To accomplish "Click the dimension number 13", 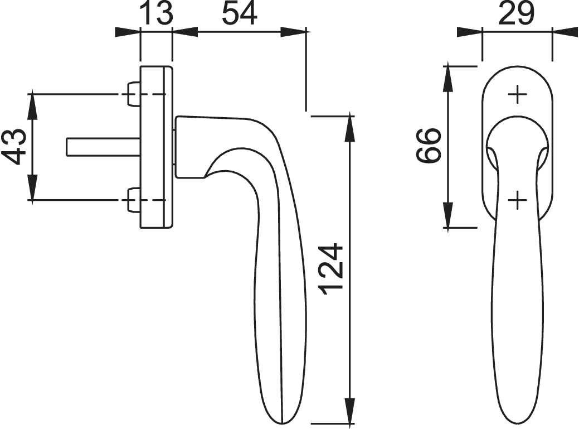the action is [x=157, y=13].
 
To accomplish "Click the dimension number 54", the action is [x=239, y=13].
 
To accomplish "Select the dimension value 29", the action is [x=516, y=13].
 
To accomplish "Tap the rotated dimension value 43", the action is [x=16, y=146].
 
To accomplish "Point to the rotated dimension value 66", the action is [x=429, y=145].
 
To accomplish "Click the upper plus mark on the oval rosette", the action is [x=518, y=95].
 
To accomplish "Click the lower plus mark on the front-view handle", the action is [x=518, y=200].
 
